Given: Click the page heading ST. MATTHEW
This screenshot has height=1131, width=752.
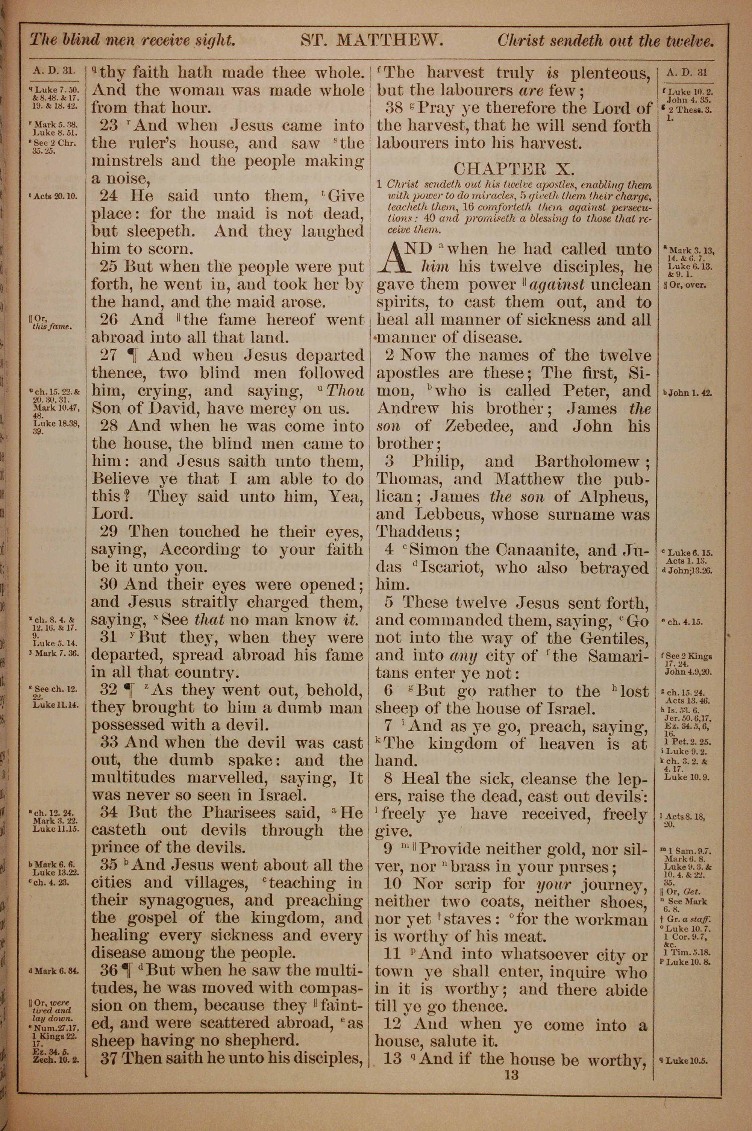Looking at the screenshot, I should click(372, 40).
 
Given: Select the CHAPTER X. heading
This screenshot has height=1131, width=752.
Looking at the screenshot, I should click(514, 168).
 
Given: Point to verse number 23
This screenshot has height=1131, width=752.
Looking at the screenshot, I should click(109, 125).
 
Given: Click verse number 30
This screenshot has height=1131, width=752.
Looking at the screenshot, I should click(109, 584).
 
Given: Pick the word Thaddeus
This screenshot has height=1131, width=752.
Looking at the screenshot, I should click(414, 531).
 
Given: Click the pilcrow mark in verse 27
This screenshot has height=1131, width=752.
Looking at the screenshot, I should click(130, 355).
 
